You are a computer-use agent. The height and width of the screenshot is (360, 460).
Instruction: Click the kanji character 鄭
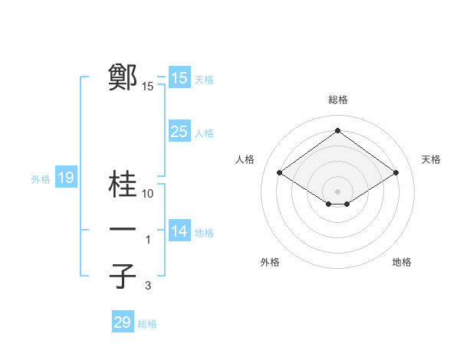123,78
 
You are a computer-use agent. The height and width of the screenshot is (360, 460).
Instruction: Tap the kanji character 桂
123,185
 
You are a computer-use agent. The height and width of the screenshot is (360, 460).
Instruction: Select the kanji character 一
123,231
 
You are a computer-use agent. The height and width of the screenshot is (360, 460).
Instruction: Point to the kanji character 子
123,277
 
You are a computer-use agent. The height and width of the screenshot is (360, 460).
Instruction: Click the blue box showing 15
179,78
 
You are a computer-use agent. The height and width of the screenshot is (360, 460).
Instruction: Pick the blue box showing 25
179,132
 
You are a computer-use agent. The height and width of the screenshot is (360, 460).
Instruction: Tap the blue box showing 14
179,231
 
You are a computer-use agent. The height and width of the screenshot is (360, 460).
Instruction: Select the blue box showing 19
65,178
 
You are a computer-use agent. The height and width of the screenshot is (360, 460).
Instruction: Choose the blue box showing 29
122,322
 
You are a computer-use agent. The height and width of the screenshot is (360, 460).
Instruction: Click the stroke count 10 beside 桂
149,194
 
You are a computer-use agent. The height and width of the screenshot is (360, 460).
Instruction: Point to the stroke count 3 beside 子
149,286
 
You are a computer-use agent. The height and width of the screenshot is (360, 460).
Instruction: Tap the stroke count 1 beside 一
149,241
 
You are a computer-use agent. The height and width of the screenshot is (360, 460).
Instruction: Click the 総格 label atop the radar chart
338,100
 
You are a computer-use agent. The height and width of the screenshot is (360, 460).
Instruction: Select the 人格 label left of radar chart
245,159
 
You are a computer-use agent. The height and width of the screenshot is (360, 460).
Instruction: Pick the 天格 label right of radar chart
431,159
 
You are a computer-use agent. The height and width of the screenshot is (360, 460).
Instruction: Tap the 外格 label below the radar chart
270,262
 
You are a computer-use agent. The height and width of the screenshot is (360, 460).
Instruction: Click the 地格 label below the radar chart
402,262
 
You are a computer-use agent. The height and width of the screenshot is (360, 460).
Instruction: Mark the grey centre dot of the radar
337,191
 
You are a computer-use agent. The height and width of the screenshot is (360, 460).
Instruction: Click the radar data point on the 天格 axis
396,173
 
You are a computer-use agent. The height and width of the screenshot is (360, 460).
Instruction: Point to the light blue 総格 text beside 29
147,324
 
